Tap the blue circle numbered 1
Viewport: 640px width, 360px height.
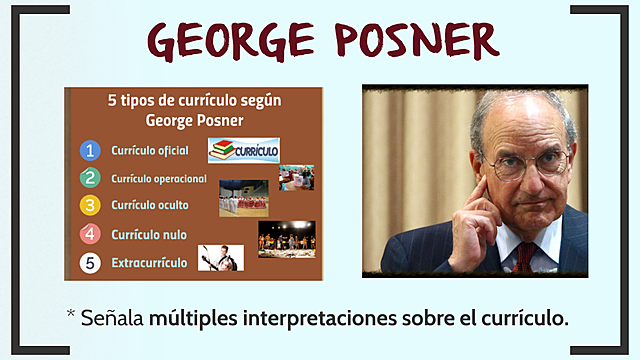tap(91, 152)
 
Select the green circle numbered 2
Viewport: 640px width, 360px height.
tap(91, 179)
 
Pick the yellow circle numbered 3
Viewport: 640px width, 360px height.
tap(91, 206)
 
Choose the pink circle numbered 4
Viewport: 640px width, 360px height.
tap(91, 235)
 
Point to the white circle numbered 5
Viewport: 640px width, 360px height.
tap(91, 265)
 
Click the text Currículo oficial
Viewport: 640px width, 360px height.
tap(150, 152)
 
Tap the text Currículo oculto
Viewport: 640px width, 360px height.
tap(150, 206)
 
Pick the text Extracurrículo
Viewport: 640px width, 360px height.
tap(149, 265)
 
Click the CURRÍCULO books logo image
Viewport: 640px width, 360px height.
tap(243, 150)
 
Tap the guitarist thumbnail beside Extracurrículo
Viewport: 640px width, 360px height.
tap(220, 259)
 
